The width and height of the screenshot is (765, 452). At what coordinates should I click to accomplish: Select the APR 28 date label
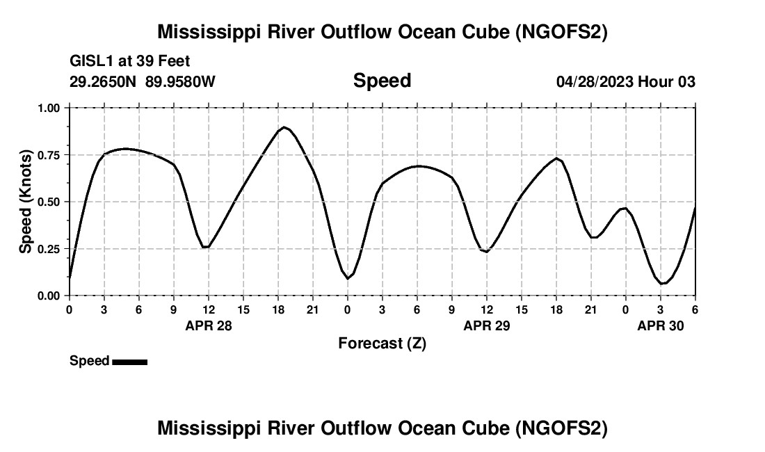(x=209, y=325)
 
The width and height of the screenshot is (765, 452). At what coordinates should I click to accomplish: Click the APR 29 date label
(x=487, y=325)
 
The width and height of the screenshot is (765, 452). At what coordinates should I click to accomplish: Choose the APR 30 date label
(x=661, y=325)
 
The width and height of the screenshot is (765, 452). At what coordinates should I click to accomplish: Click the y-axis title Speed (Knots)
(x=26, y=202)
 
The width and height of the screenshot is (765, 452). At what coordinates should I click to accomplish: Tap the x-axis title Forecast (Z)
(x=382, y=343)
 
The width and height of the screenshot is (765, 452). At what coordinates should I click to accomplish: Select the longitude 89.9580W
(x=180, y=81)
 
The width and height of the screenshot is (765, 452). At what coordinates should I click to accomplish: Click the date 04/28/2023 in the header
(x=595, y=81)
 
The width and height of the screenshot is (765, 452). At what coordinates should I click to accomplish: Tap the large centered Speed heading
(x=382, y=81)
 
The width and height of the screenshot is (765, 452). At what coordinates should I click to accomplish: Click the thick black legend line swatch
(x=129, y=362)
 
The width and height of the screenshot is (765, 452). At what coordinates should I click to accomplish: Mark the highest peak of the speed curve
(x=284, y=127)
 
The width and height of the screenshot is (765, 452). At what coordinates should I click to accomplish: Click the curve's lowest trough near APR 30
(x=662, y=284)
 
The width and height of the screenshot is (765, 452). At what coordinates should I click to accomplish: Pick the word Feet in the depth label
(x=174, y=62)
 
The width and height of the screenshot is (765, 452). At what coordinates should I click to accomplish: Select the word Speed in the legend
(x=89, y=361)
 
